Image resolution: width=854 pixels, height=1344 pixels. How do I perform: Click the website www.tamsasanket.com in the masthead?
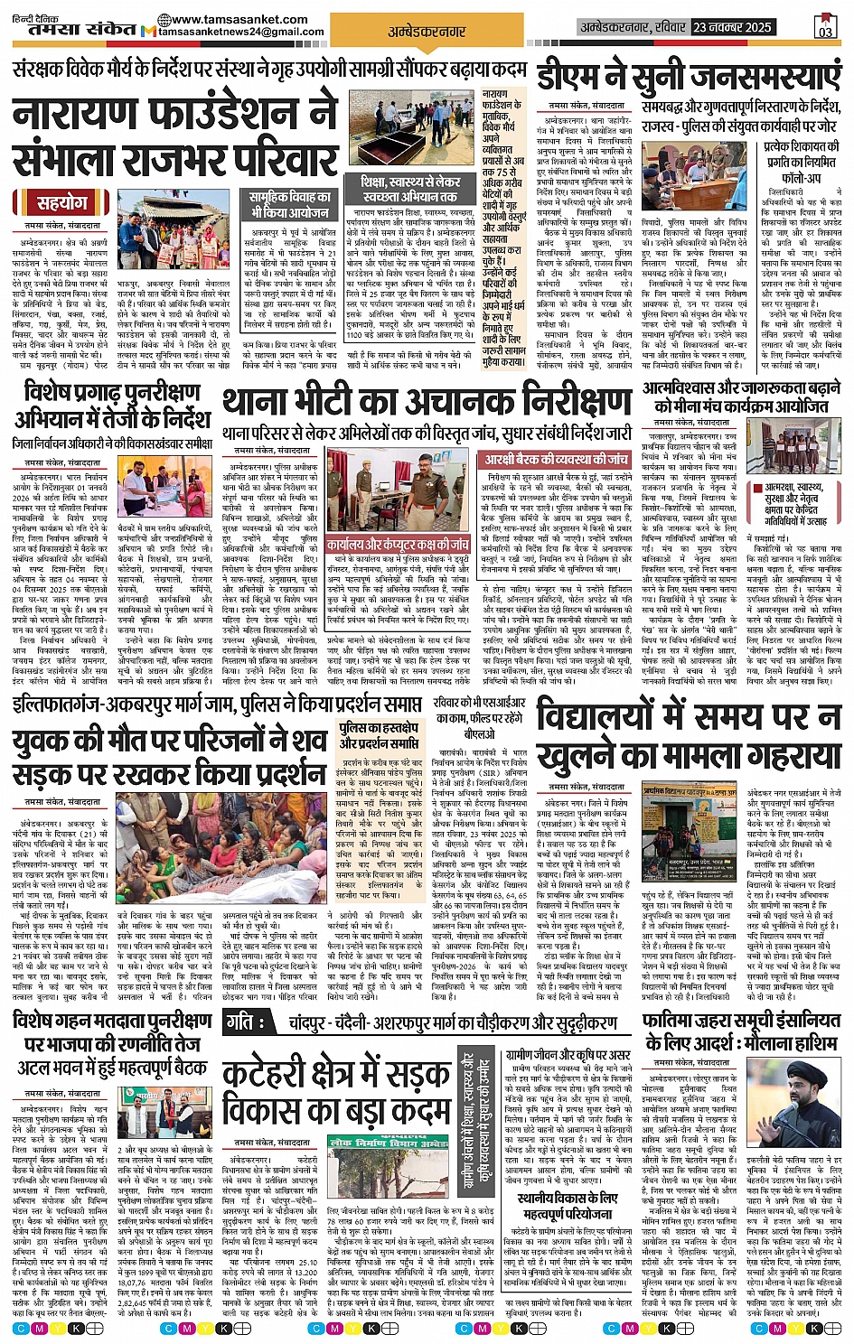238,19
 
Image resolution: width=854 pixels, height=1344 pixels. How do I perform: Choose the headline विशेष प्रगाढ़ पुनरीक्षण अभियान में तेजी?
112,406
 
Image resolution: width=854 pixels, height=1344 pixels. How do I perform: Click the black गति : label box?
243,1022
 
